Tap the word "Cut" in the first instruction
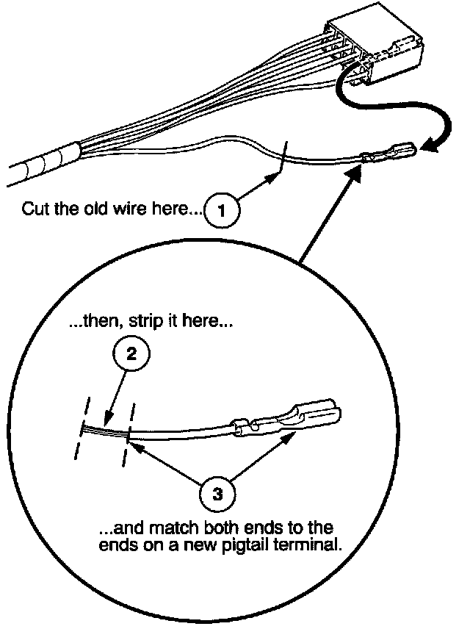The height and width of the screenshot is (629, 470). pos(35,209)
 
